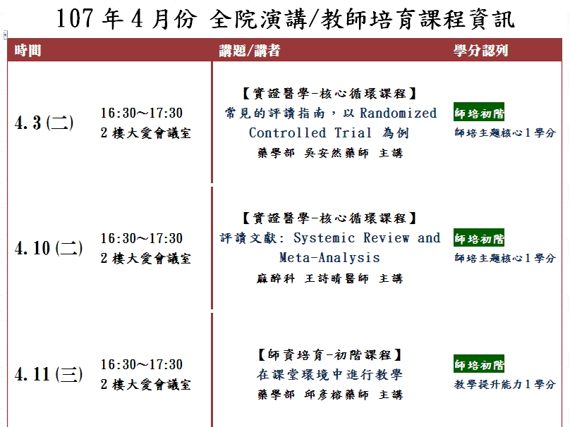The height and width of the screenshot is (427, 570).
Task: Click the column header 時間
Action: click(x=28, y=50)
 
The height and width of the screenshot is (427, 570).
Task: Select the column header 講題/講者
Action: click(x=250, y=50)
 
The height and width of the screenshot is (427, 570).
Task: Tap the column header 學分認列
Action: click(x=480, y=50)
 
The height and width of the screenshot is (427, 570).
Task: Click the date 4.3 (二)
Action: click(x=44, y=123)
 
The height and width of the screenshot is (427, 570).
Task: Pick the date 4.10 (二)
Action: click(x=49, y=248)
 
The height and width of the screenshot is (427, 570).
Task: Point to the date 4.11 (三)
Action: click(x=49, y=374)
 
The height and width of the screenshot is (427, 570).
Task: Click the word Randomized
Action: click(x=398, y=113)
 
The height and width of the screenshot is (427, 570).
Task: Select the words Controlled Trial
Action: click(x=310, y=132)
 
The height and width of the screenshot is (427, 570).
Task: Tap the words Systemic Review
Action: click(x=351, y=238)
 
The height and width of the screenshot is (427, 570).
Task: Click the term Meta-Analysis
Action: click(x=329, y=257)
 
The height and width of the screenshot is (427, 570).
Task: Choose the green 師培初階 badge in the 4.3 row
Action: click(x=479, y=112)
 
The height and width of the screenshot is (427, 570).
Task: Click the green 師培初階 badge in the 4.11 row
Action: click(x=479, y=364)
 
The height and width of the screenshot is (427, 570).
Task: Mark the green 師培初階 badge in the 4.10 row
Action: click(x=479, y=238)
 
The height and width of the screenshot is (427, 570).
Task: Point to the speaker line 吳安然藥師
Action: click(x=336, y=153)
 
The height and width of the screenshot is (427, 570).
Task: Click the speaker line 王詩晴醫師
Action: click(x=336, y=278)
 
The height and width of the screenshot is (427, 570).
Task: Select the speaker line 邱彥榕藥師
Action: click(x=336, y=395)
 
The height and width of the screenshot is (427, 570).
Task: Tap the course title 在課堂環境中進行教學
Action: click(x=329, y=374)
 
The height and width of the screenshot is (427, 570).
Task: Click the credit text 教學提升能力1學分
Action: click(x=505, y=384)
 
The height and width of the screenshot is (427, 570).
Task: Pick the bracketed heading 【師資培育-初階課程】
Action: click(x=329, y=354)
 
